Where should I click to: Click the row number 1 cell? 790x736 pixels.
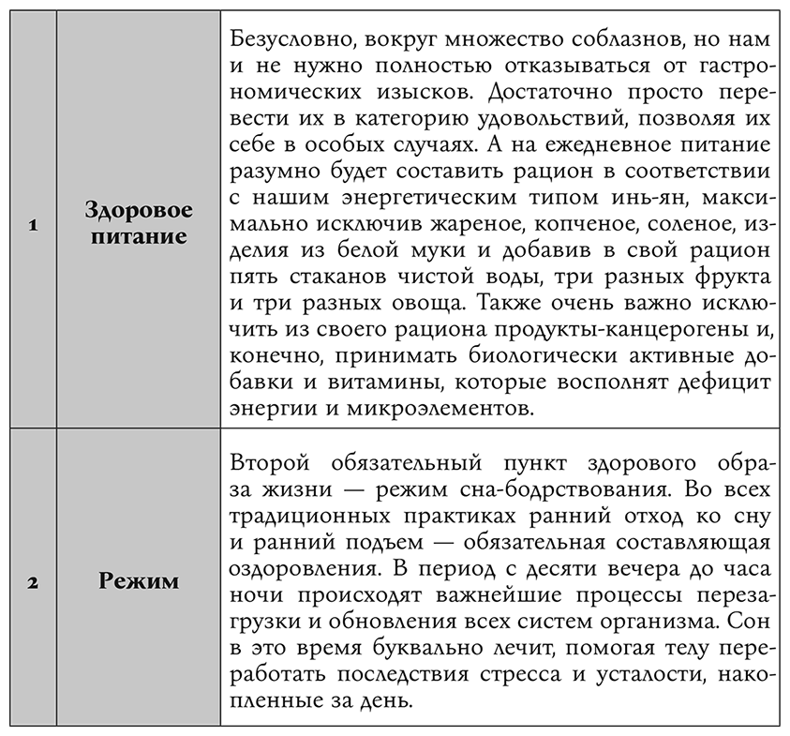point(32,225)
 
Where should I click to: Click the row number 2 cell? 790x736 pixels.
point(32,582)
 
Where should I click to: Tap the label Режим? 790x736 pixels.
point(139,581)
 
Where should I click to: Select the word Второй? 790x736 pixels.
point(264,463)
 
